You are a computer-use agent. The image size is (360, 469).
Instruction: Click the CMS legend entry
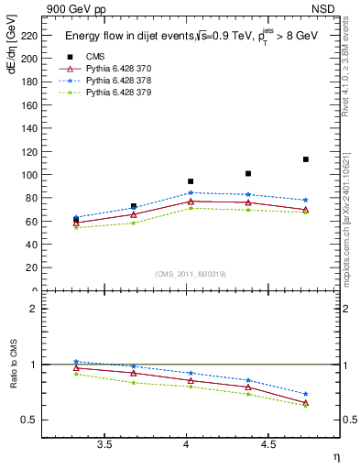[x=96, y=57]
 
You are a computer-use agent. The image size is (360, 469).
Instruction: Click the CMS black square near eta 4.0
[x=191, y=181]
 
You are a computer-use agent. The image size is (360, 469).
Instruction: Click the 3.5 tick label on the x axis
[x=104, y=445]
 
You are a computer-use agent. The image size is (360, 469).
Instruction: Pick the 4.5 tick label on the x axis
[x=268, y=445]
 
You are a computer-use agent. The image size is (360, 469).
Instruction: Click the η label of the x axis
[x=334, y=456]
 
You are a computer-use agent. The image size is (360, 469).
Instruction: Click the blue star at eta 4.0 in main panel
[x=191, y=193]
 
